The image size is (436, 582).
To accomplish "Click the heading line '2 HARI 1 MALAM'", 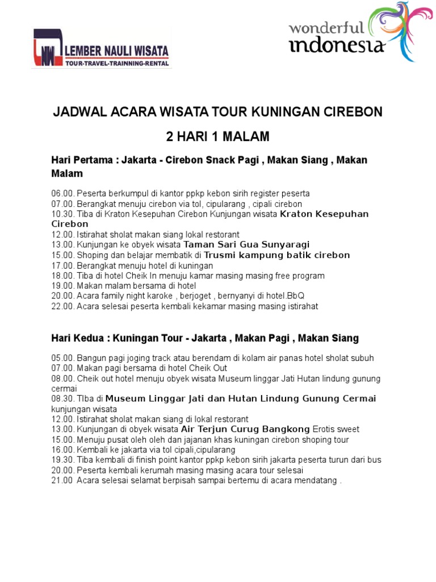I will [217, 137].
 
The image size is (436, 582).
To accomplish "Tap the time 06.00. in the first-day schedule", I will [62, 194].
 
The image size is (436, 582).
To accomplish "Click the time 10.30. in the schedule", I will [62, 214].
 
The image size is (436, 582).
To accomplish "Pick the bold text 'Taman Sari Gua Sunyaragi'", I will [247, 245].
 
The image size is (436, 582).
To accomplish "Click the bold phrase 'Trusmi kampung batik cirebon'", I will [277, 255].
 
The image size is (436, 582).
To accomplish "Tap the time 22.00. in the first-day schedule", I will [62, 306].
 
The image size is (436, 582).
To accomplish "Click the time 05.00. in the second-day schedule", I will [62, 358].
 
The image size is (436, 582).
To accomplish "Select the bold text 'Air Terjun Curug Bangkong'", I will [245, 429].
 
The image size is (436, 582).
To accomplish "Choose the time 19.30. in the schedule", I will [62, 460].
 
